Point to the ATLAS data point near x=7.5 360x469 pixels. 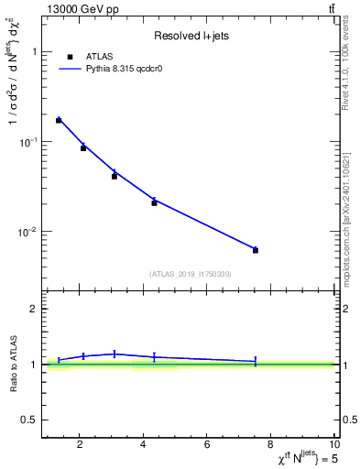(x=256, y=250)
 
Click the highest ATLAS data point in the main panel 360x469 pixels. (x=59, y=120)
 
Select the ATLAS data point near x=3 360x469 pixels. (x=115, y=176)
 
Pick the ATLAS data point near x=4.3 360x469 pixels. (x=154, y=202)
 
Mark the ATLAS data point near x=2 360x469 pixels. (x=83, y=147)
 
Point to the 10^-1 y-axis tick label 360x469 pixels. (x=28, y=142)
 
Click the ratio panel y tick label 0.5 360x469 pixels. (x=30, y=420)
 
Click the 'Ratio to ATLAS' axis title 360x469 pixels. (x=14, y=365)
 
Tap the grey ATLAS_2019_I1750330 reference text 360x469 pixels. (x=190, y=274)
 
